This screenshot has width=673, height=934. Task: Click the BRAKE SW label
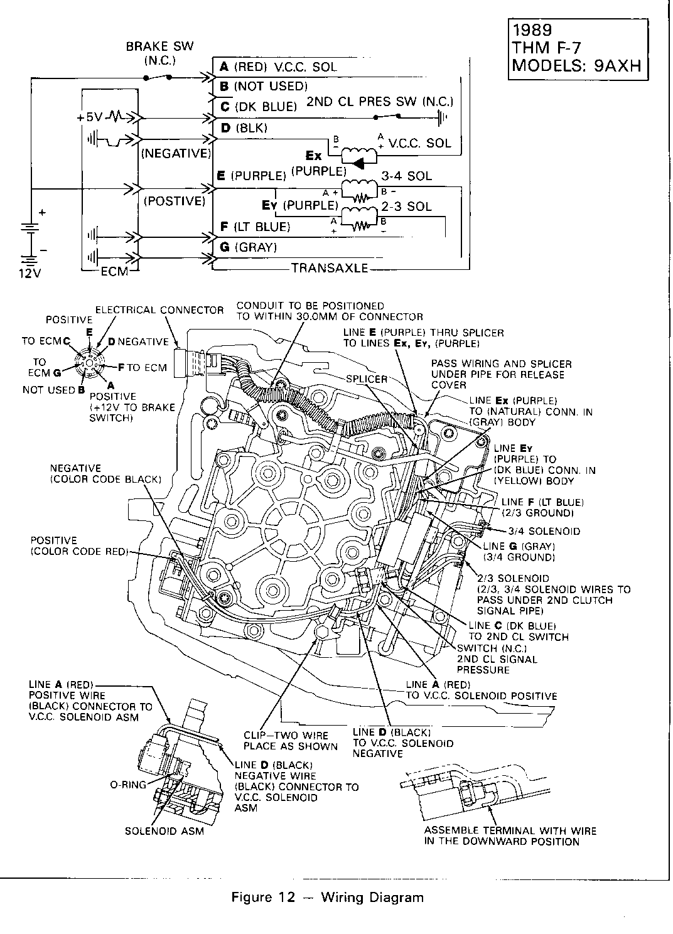click(x=159, y=46)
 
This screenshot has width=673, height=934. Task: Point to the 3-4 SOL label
click(x=406, y=176)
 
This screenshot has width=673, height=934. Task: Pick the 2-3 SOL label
click(x=406, y=206)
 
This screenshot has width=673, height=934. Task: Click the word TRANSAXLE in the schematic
click(x=329, y=268)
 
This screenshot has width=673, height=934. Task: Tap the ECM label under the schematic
click(x=114, y=271)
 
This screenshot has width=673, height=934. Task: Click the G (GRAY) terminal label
click(x=247, y=247)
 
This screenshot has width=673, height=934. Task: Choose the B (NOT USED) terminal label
click(x=262, y=85)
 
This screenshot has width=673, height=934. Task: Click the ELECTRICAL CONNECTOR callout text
click(x=159, y=310)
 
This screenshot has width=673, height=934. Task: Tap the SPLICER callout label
click(x=367, y=379)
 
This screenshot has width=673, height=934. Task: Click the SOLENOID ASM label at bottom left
click(x=164, y=832)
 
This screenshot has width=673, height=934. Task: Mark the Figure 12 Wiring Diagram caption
click(x=327, y=897)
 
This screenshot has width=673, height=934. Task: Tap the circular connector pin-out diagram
click(x=88, y=365)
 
